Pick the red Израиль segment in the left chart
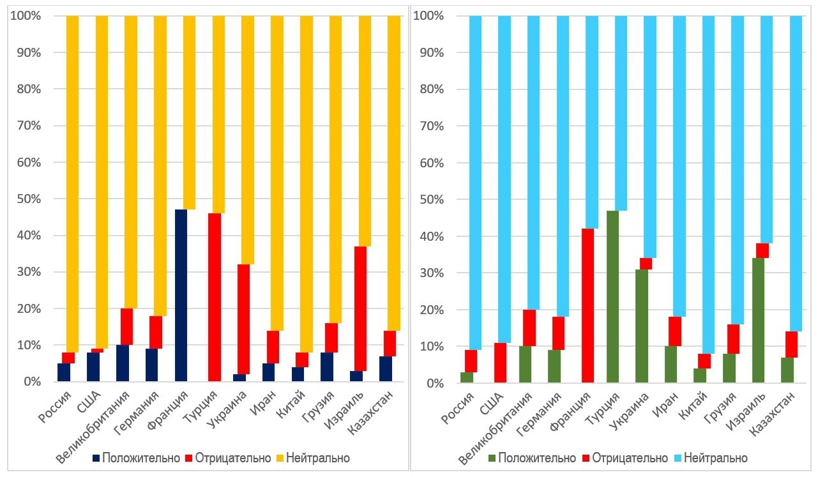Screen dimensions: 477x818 (356, 308)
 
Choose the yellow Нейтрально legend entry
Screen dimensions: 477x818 (312, 458)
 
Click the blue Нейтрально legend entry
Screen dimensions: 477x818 (709, 458)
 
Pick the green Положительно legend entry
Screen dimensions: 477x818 (530, 458)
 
